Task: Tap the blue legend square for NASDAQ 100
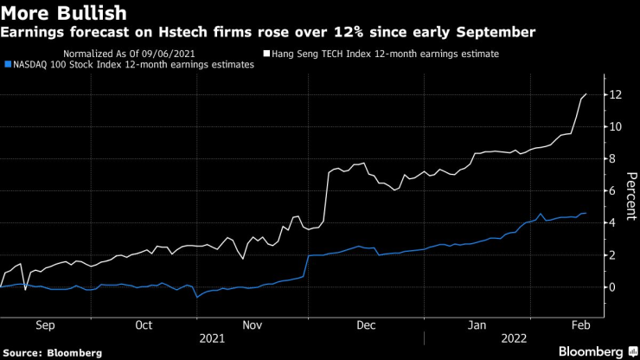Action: pyautogui.click(x=8, y=64)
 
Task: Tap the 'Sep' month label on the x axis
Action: pyautogui.click(x=46, y=325)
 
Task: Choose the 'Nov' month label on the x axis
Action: pyautogui.click(x=252, y=325)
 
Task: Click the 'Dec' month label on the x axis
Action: pyautogui.click(x=366, y=325)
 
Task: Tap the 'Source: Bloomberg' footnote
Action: pyautogui.click(x=52, y=352)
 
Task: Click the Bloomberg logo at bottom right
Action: pyautogui.click(x=591, y=351)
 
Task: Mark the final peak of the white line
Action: pyautogui.click(x=587, y=93)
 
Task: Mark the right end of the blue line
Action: pyautogui.click(x=587, y=213)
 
